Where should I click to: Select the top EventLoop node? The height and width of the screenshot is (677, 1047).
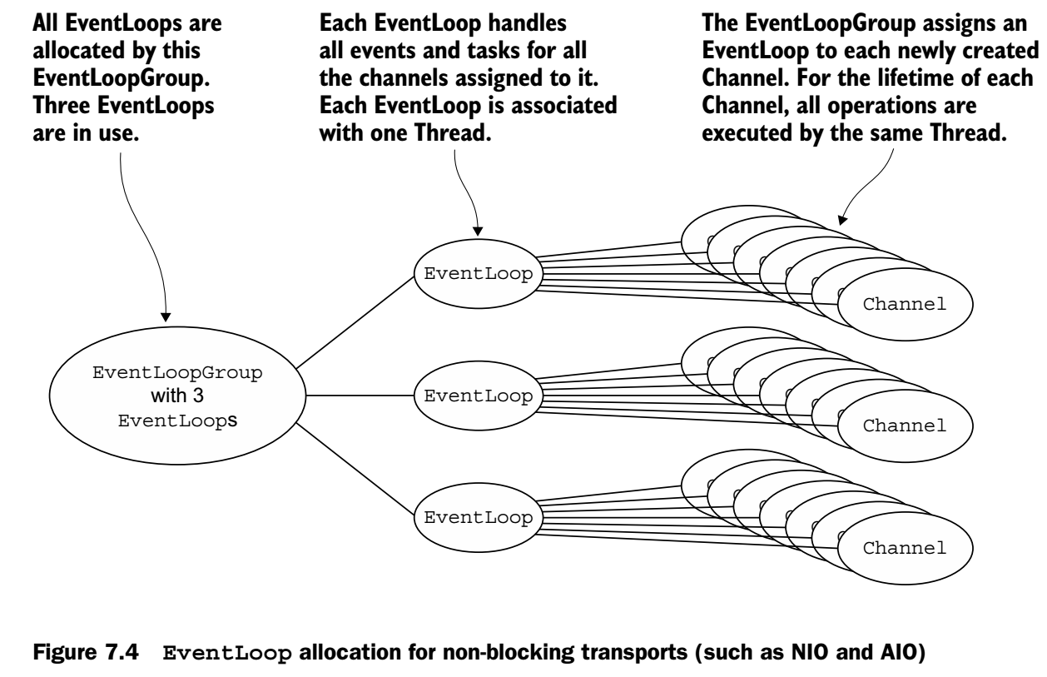tap(477, 274)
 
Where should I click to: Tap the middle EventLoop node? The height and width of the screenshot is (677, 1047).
tap(477, 396)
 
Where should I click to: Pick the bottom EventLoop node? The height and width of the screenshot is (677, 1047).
tap(477, 517)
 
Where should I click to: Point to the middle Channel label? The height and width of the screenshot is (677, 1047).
tap(905, 426)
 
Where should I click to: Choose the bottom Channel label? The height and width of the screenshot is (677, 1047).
tap(905, 547)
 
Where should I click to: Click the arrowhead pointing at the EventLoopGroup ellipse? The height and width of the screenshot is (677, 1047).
tap(166, 316)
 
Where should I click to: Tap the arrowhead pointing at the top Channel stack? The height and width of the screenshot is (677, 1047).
tap(841, 222)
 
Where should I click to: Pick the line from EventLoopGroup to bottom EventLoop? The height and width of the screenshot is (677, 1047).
tap(355, 472)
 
